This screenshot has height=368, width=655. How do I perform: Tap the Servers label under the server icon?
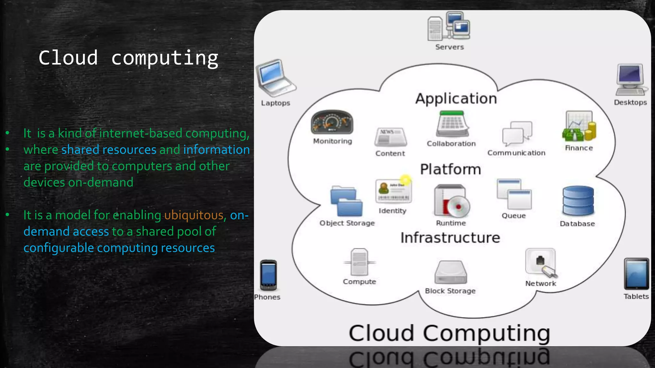[x=449, y=47]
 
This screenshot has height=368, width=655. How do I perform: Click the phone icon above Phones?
[x=268, y=275]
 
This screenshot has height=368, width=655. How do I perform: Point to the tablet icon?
[x=636, y=274]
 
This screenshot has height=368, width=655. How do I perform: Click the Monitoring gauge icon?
[x=332, y=122]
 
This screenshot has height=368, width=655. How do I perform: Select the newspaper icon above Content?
[x=390, y=137]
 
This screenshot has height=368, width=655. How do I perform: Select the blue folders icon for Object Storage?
[x=346, y=201]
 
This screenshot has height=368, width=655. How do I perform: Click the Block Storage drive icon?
[x=450, y=272]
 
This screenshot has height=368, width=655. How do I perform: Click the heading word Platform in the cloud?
[x=450, y=169]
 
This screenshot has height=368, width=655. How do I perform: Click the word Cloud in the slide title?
[x=68, y=58]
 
